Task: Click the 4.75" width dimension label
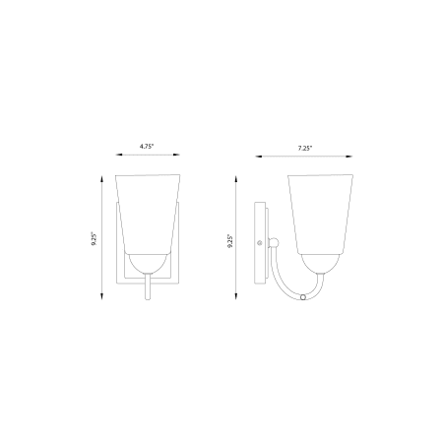coord(147,147)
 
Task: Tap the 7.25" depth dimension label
coord(305,149)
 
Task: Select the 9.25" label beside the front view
coord(95,239)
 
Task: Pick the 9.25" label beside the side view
coord(230,241)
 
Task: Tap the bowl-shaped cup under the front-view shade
coord(148,264)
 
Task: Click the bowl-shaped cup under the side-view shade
coord(320,264)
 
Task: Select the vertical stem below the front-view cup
coord(148,286)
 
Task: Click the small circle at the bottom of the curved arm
coord(303,297)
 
